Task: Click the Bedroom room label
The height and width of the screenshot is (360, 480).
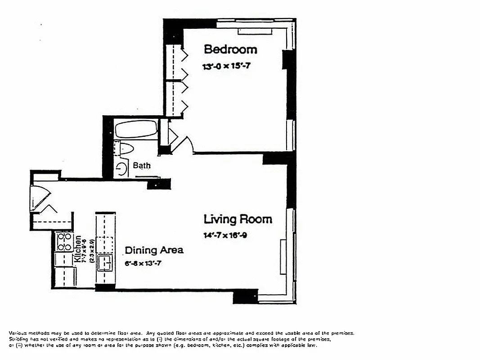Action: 230,49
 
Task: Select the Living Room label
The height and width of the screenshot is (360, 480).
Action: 238,220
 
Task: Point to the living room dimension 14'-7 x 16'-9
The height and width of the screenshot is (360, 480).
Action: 225,235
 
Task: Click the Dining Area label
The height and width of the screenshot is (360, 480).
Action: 154,250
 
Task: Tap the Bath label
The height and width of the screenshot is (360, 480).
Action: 142,166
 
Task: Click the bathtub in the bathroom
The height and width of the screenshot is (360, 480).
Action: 135,130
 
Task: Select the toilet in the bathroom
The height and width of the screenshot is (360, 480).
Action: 124,149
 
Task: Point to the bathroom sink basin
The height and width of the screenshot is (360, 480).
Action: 121,169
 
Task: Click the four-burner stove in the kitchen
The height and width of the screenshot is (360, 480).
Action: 64,242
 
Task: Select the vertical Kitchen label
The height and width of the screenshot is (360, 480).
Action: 78,249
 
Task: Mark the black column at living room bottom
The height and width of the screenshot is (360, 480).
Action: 245,296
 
